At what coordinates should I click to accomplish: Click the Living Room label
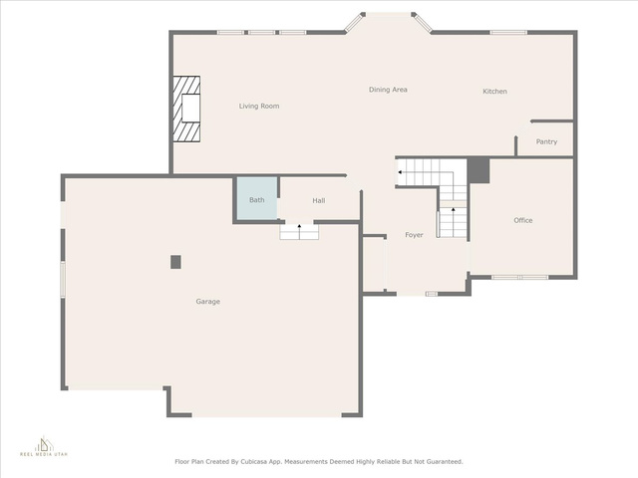pyautogui.click(x=259, y=107)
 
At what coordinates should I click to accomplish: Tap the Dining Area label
pyautogui.click(x=388, y=90)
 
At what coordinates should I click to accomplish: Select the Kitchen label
pyautogui.click(x=494, y=92)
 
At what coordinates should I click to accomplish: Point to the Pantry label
pyautogui.click(x=546, y=141)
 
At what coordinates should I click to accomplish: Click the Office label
pyautogui.click(x=522, y=220)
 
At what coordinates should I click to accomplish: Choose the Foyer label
pyautogui.click(x=414, y=235)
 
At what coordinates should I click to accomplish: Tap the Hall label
pyautogui.click(x=319, y=200)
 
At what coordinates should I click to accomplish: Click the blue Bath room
pyautogui.click(x=257, y=199)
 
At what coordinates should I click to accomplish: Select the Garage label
pyautogui.click(x=208, y=302)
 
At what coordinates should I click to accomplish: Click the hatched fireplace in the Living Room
pyautogui.click(x=186, y=109)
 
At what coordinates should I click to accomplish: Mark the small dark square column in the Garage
pyautogui.click(x=175, y=262)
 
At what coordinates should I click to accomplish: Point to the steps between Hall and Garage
pyautogui.click(x=299, y=232)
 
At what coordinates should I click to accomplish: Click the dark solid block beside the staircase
pyautogui.click(x=478, y=170)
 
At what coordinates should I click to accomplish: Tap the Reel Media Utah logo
pyautogui.click(x=44, y=446)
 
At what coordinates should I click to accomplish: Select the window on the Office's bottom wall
pyautogui.click(x=520, y=277)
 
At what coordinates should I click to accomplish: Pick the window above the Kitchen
pyautogui.click(x=508, y=33)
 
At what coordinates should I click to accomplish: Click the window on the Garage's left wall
pyautogui.click(x=63, y=279)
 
